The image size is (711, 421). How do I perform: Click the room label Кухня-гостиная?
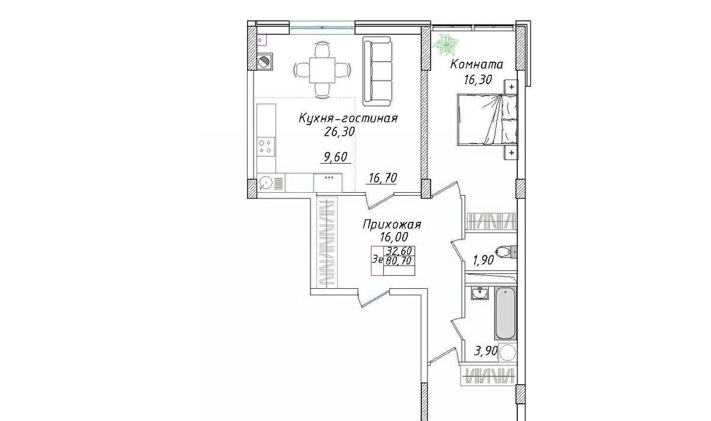(x=348, y=119)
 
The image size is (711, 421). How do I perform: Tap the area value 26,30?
(x=339, y=132)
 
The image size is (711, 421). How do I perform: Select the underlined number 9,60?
(x=335, y=157)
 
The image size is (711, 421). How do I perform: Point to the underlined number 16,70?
(x=383, y=178)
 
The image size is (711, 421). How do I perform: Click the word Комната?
(x=477, y=65)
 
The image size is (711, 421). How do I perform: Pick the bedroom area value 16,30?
(x=478, y=79)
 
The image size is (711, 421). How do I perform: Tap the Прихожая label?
(x=392, y=225)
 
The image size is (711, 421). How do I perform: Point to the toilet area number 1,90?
(x=483, y=260)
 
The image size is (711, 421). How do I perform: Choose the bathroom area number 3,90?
(x=485, y=351)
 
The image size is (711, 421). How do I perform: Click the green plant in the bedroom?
(x=446, y=45)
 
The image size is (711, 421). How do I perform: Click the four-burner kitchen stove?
(x=266, y=147)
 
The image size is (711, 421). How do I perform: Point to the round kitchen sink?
(x=265, y=183)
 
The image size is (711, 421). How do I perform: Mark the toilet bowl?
(x=505, y=251)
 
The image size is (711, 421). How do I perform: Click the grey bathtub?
(x=505, y=313)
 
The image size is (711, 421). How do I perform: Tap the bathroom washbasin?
(x=479, y=293)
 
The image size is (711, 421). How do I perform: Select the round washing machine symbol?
(x=507, y=352)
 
